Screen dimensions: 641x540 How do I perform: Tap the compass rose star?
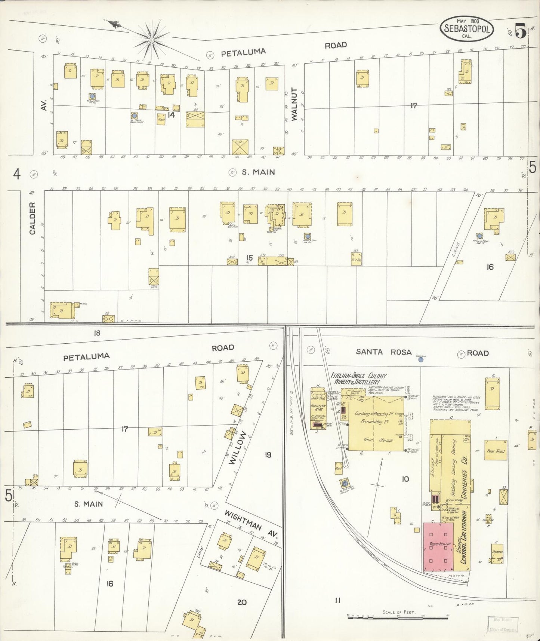coord(152,39)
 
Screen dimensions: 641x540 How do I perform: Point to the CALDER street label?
coord(32,218)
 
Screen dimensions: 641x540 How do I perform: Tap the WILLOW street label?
coord(238,448)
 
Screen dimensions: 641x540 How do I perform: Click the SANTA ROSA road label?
coord(383,352)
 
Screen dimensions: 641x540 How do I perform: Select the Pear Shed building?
coord(496,451)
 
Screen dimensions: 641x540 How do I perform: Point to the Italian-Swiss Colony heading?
coord(359,378)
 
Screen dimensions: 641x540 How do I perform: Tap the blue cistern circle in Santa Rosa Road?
coord(421,360)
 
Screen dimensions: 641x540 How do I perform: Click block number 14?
coord(171,115)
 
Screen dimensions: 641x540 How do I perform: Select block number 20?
coord(242,602)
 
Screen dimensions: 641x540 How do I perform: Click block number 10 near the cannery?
coord(405,479)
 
